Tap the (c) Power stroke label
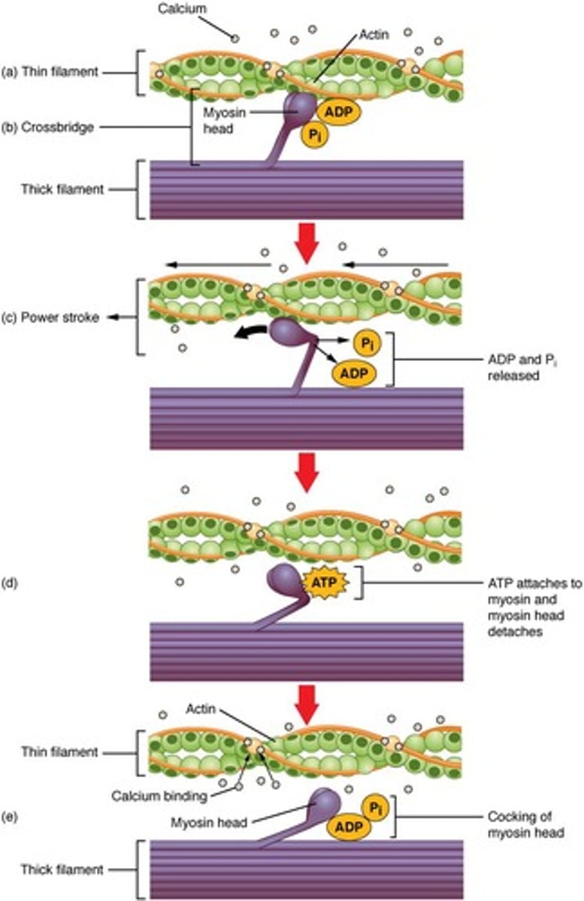coord(53,318)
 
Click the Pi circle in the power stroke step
coord(367,343)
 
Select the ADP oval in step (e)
coord(345,826)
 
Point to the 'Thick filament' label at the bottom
coord(64,870)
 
